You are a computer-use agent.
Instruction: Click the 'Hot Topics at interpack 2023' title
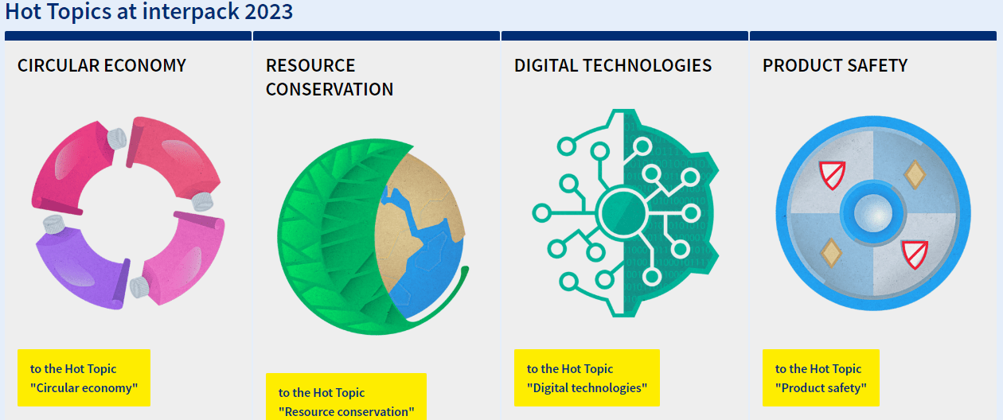coord(149,11)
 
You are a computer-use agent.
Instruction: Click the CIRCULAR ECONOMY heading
coord(102,66)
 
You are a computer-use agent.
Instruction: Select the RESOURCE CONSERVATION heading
coord(330,77)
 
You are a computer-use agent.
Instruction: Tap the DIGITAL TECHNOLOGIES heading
coord(613,66)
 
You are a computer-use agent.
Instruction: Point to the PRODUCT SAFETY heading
coord(835,66)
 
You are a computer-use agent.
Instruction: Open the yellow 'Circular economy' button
coord(84,378)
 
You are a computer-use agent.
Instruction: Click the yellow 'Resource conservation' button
coord(346,397)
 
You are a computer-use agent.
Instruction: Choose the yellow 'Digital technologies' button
coord(587,378)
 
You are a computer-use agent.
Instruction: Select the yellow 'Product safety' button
coord(821,378)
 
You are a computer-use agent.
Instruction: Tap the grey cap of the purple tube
coord(54,224)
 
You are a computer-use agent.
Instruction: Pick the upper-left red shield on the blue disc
coord(832,175)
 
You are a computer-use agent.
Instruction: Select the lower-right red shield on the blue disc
coord(915,254)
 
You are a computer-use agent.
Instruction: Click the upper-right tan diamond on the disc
coord(915,174)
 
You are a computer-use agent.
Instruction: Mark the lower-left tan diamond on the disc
coord(831,253)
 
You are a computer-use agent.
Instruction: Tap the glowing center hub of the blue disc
coord(872,213)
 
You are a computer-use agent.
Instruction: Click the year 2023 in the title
coord(269,11)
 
